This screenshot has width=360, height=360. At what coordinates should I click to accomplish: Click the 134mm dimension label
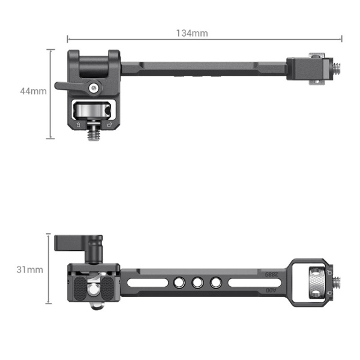(x=192, y=33)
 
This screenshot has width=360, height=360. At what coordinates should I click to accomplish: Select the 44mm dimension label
(x=32, y=91)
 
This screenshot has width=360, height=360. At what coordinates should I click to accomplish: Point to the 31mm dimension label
(x=29, y=270)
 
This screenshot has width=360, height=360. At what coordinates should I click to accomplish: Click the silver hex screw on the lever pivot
(x=92, y=88)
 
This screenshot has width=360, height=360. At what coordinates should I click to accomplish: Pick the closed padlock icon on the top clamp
(x=77, y=125)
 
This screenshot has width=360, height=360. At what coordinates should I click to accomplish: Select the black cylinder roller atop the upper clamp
(x=93, y=62)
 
